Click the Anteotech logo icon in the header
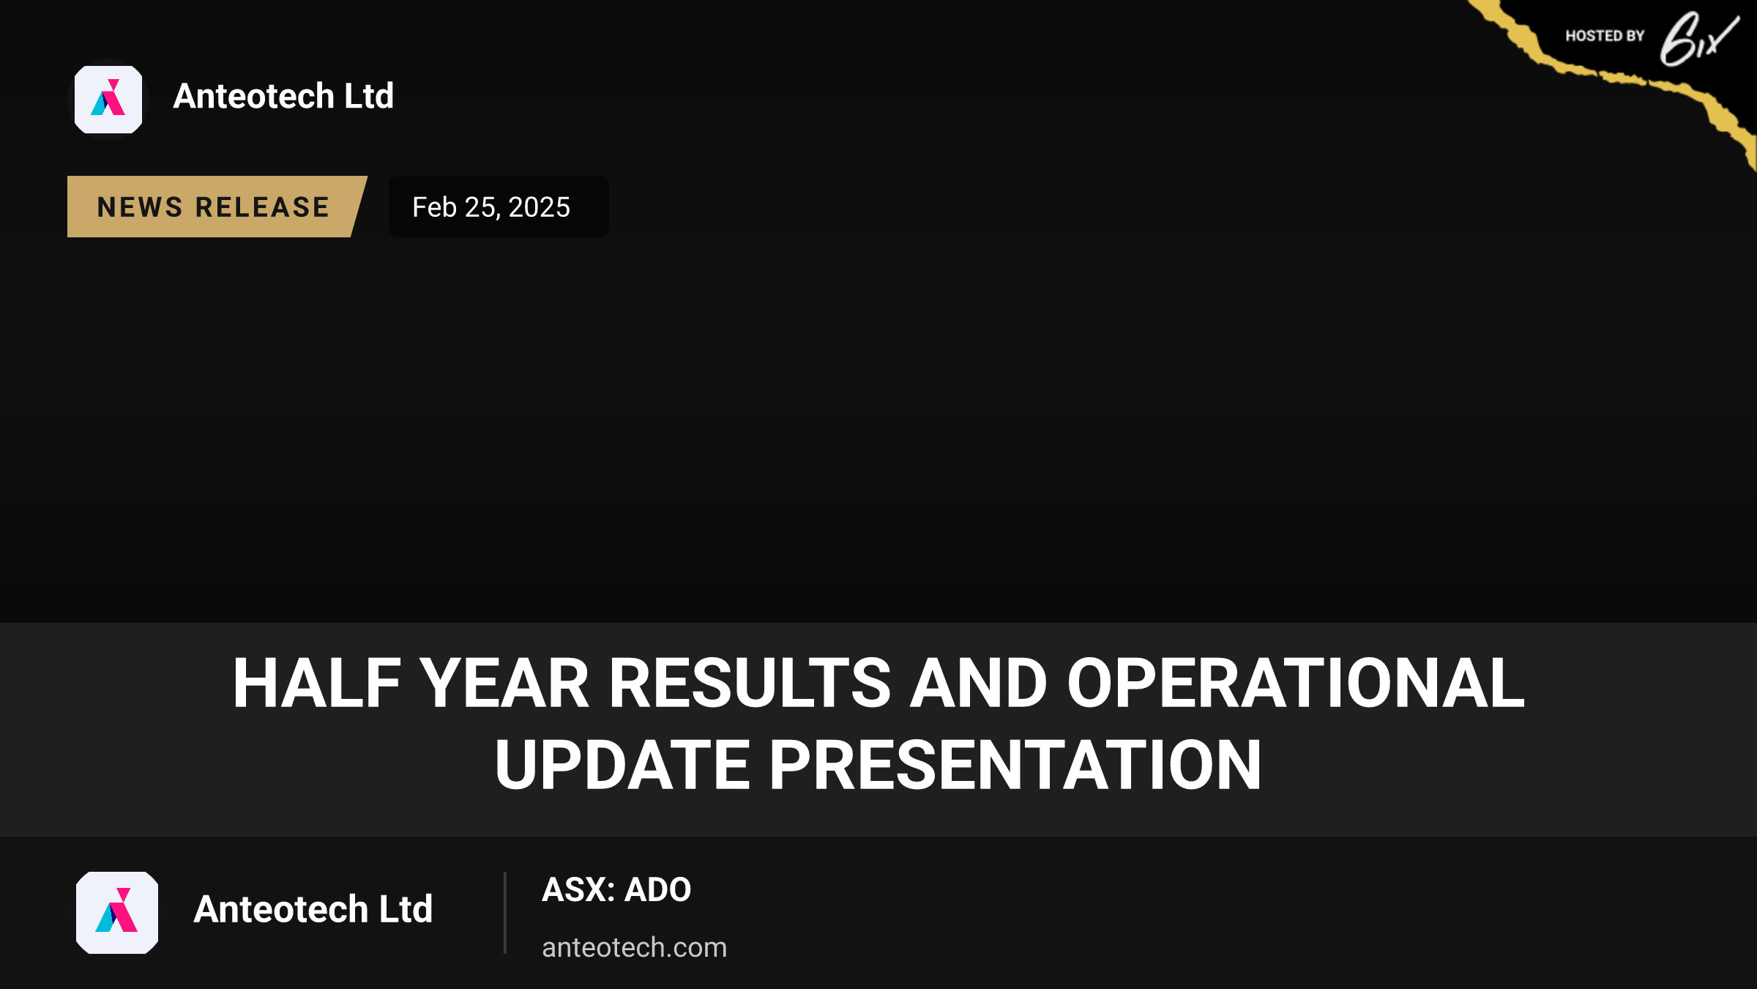pyautogui.click(x=108, y=100)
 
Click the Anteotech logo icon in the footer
pyautogui.click(x=117, y=913)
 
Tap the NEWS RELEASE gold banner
pyautogui.click(x=217, y=207)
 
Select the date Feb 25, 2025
pyautogui.click(x=491, y=207)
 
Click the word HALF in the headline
pyautogui.click(x=317, y=683)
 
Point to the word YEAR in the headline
pyautogui.click(x=504, y=683)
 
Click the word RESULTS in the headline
pyautogui.click(x=750, y=683)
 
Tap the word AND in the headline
pyautogui.click(x=978, y=683)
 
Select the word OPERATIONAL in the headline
pyautogui.click(x=1296, y=683)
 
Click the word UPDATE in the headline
pyautogui.click(x=622, y=765)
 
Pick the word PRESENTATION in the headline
pyautogui.click(x=1015, y=765)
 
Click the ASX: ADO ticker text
pyautogui.click(x=616, y=889)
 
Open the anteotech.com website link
pyautogui.click(x=635, y=947)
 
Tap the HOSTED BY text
pyautogui.click(x=1605, y=36)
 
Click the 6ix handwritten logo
pyautogui.click(x=1698, y=40)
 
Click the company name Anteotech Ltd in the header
pyautogui.click(x=283, y=96)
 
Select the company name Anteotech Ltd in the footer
pyautogui.click(x=313, y=909)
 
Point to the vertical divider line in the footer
pyautogui.click(x=505, y=913)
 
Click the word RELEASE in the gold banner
pyautogui.click(x=263, y=207)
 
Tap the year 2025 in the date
pyautogui.click(x=539, y=207)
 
